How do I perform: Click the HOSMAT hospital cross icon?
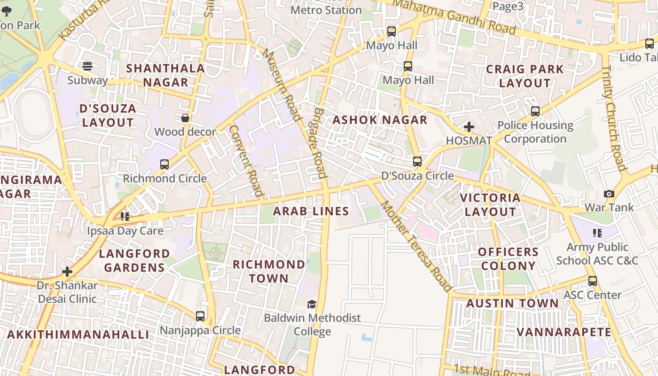pos(469,127)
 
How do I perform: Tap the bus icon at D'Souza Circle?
pos(417,162)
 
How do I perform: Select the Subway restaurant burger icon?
pos(87,66)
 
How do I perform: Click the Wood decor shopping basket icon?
pos(185,118)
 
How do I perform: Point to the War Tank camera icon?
pos(609,194)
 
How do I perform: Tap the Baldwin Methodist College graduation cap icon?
pos(312,304)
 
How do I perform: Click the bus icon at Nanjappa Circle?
pos(200,316)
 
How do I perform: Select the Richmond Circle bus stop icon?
pos(164,164)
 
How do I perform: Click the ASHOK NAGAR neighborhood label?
pos(380,120)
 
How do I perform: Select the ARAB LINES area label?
pos(311,211)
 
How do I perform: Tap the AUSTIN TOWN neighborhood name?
pos(512,303)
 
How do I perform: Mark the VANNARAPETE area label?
pos(564,332)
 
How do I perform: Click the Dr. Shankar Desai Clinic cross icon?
pos(67,272)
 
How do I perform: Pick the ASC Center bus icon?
pos(593,281)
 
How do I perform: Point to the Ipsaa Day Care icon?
pos(125,217)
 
